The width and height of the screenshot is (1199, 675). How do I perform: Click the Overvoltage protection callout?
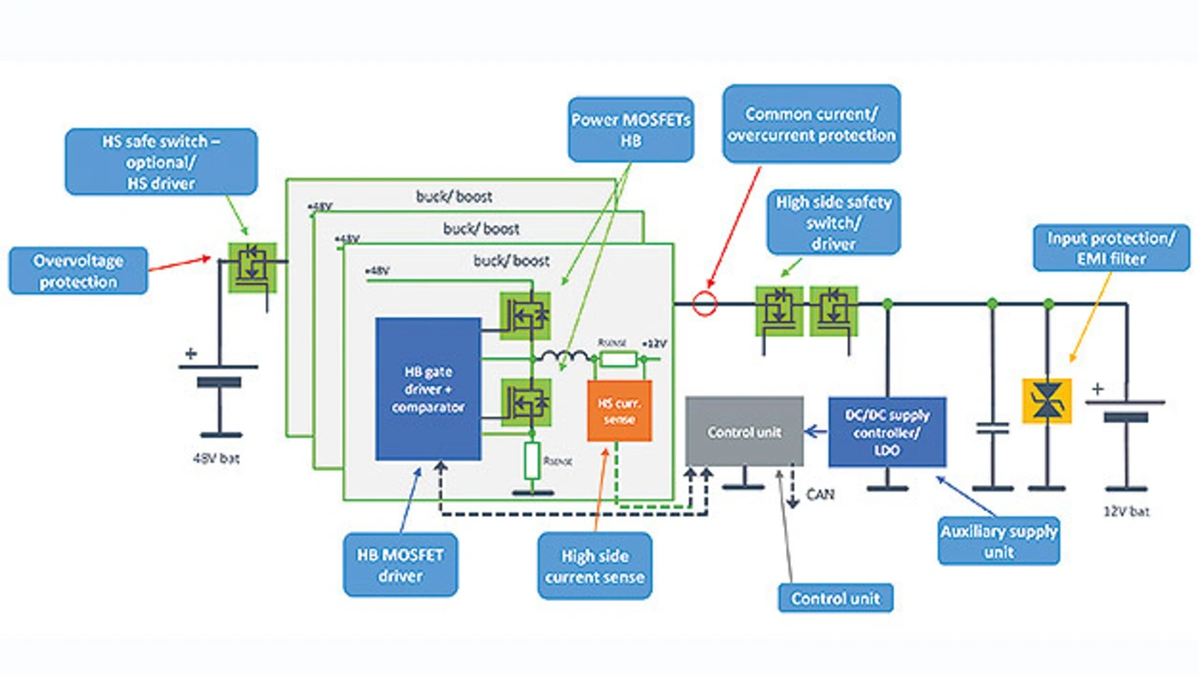coord(79,271)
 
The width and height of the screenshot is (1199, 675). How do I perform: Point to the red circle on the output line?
coord(704,304)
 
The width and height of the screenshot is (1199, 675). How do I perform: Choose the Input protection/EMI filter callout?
coord(1109,247)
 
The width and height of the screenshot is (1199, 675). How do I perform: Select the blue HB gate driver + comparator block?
coord(428,389)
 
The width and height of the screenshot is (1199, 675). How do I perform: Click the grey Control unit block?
coord(745,431)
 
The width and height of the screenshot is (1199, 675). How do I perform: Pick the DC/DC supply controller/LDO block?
coord(887,432)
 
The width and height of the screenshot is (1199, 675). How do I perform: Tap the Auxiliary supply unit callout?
coord(999,541)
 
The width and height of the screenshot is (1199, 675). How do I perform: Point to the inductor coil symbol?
coord(562,356)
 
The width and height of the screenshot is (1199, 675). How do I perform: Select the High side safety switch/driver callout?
coord(834,222)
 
